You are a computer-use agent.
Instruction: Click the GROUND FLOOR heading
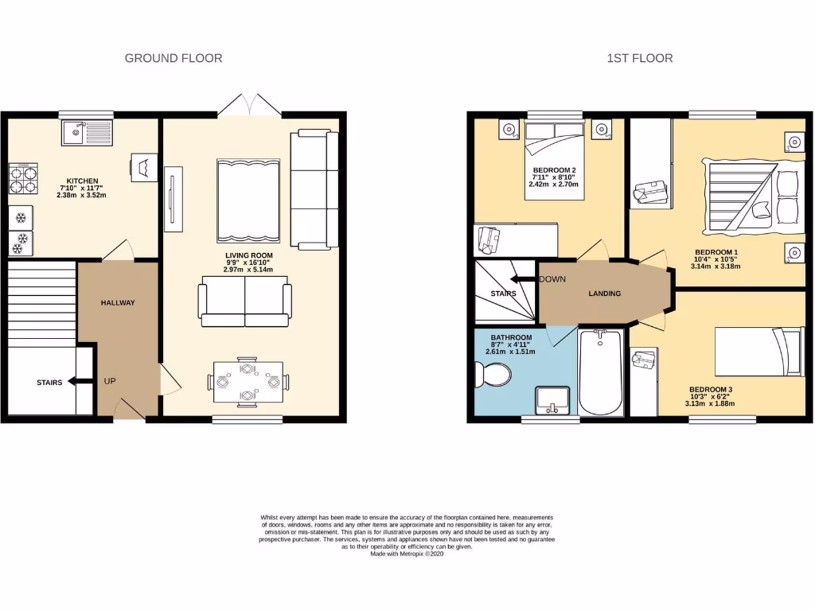click(174, 58)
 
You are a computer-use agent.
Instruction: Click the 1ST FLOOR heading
click(639, 58)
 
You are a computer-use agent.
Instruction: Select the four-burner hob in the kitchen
click(23, 179)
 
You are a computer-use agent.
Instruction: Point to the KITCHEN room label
click(82, 180)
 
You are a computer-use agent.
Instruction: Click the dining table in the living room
click(248, 381)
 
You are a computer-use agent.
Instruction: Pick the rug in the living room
click(248, 200)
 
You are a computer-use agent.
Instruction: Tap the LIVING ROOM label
click(248, 255)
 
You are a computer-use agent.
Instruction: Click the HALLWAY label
click(118, 302)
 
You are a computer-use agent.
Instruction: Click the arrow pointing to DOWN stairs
click(523, 279)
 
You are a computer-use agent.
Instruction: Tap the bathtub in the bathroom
click(600, 373)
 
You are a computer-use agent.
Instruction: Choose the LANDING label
click(604, 294)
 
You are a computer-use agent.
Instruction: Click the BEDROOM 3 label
click(711, 389)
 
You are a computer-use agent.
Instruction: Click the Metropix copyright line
click(407, 554)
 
